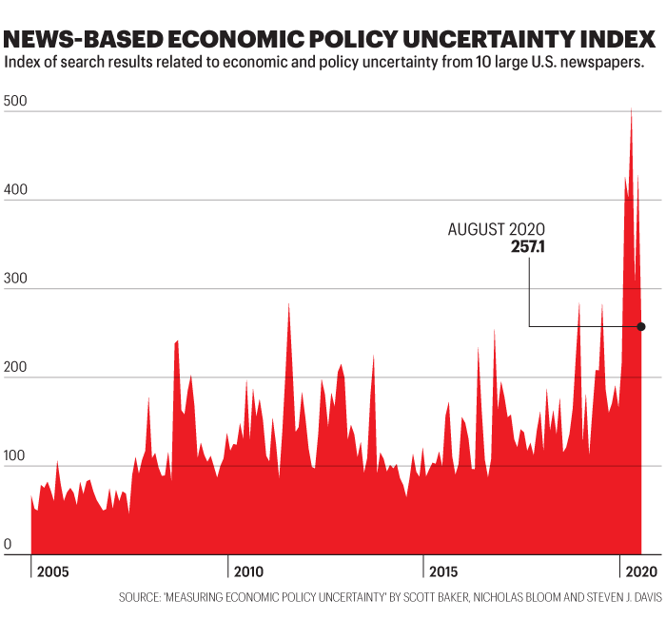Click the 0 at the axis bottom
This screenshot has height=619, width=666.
[9, 546]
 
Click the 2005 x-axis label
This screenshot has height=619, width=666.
[54, 571]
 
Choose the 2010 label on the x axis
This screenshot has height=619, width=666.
[248, 571]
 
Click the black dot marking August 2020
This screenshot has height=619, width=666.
[641, 327]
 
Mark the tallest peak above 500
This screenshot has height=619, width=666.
[631, 110]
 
